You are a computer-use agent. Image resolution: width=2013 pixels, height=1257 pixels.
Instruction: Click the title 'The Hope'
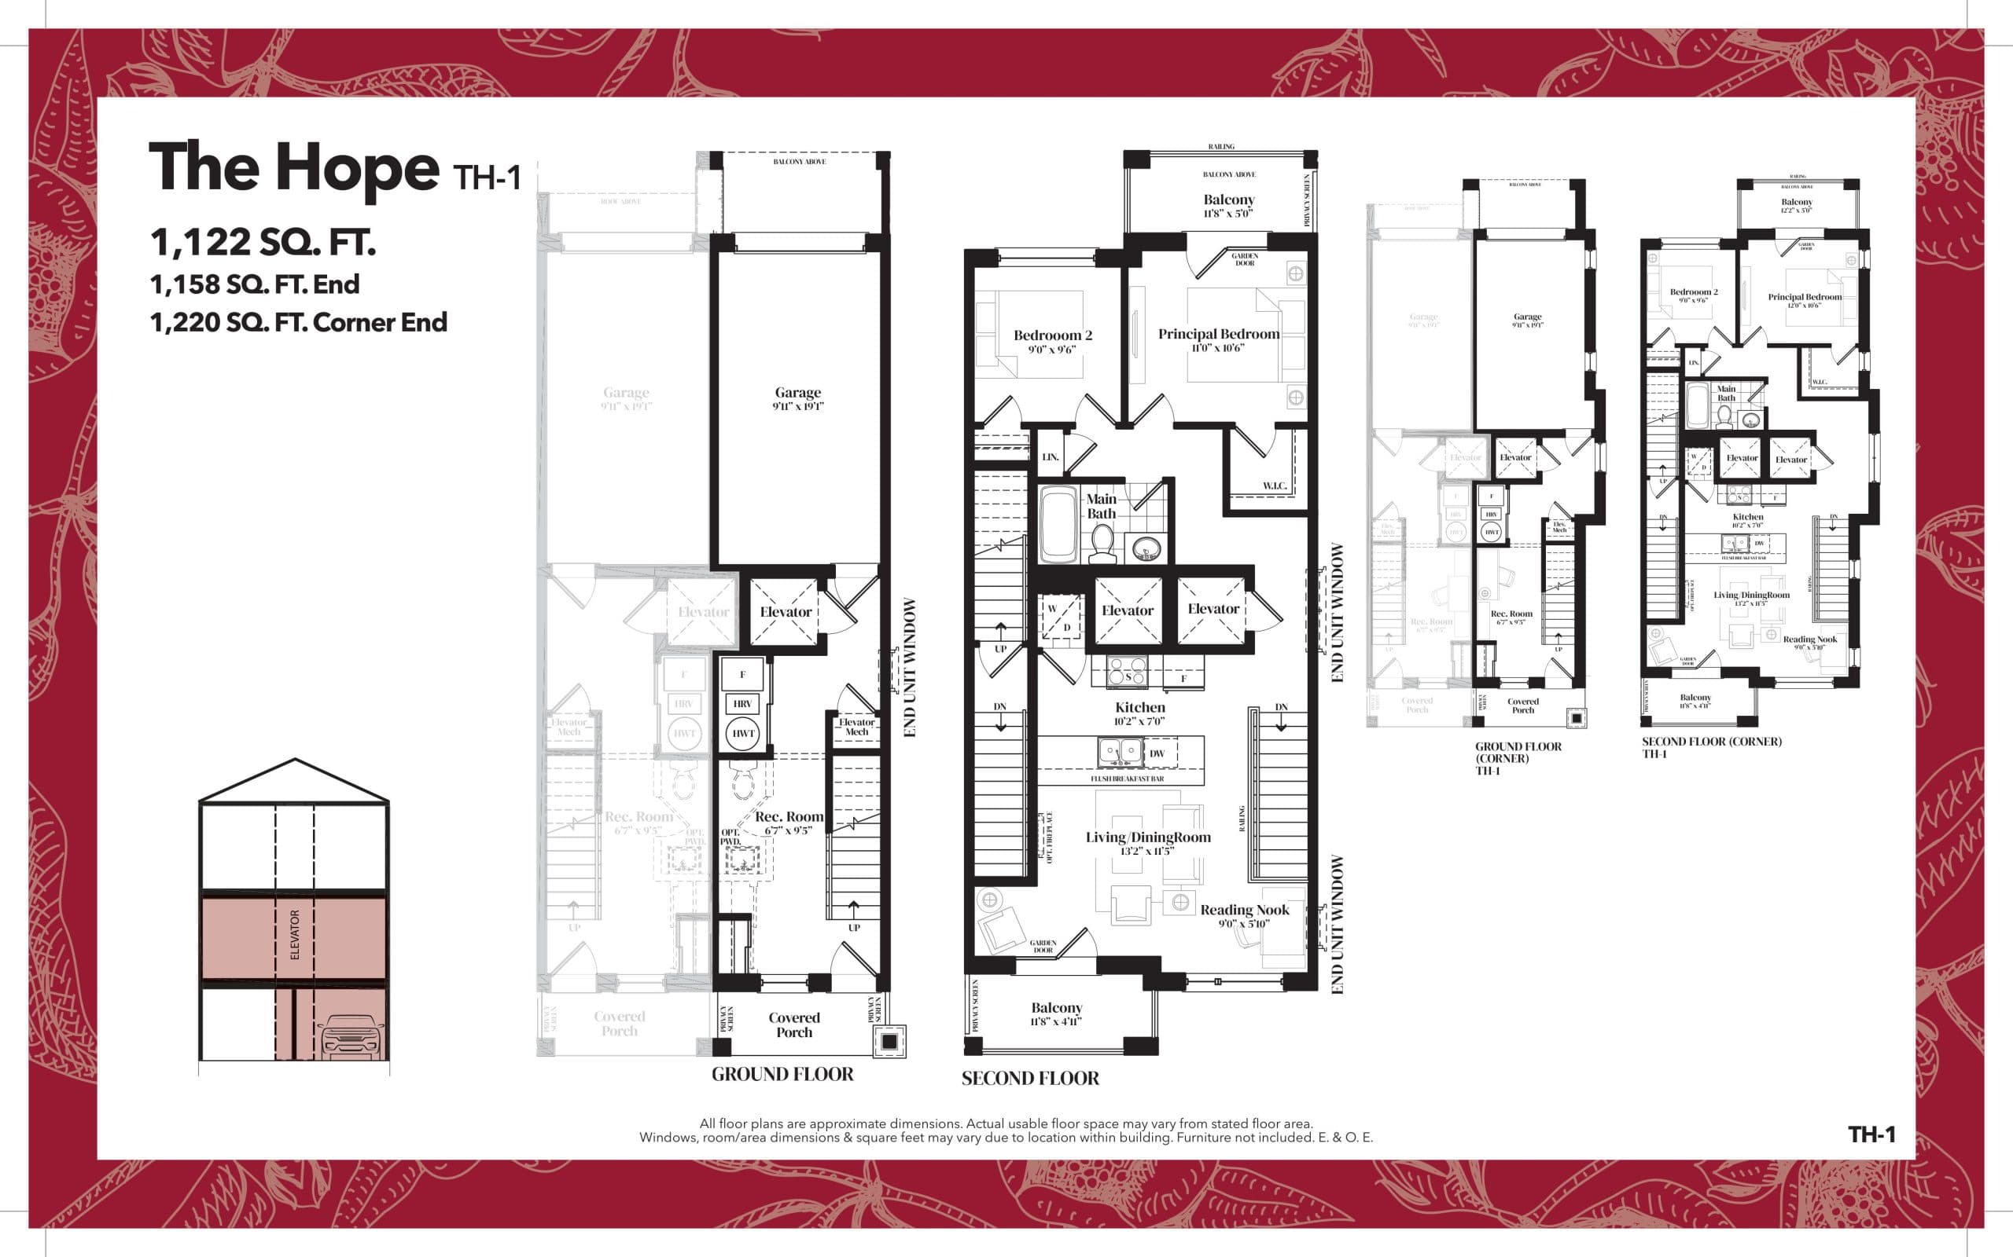click(x=293, y=168)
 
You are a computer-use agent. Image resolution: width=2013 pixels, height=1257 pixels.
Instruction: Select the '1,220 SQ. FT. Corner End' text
click(x=298, y=323)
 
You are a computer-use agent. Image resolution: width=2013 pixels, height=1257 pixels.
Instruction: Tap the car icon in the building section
click(x=351, y=1038)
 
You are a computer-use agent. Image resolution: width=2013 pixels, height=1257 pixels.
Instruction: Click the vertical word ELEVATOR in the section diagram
click(x=294, y=934)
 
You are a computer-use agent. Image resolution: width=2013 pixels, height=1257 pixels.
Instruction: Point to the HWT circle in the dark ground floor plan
click(x=743, y=733)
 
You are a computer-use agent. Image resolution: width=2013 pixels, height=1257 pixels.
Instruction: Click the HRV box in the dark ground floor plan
click(x=743, y=703)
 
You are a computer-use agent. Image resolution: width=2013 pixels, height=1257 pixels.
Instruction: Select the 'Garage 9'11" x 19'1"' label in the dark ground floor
click(x=797, y=398)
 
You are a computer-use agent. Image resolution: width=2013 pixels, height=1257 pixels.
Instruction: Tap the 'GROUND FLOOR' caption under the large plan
click(x=782, y=1074)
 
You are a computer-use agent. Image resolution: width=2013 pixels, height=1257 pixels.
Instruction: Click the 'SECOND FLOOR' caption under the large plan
click(x=1030, y=1078)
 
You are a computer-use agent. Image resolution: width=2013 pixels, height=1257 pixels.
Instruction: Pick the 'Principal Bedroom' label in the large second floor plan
click(x=1219, y=334)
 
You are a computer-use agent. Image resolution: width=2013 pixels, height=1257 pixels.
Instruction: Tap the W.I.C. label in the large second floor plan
click(x=1275, y=486)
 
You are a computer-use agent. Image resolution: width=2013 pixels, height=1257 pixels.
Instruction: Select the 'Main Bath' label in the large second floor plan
click(x=1102, y=505)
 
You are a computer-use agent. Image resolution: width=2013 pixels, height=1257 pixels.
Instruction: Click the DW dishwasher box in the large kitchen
click(x=1157, y=753)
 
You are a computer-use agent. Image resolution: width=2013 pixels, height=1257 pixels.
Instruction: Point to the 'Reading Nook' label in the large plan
click(x=1245, y=911)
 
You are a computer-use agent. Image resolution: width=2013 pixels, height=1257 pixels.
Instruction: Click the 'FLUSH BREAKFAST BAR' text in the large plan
click(x=1127, y=779)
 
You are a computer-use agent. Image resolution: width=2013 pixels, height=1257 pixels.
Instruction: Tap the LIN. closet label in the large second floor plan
click(x=1051, y=457)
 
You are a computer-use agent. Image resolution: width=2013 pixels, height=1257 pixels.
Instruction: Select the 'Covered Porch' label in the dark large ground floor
click(x=793, y=1024)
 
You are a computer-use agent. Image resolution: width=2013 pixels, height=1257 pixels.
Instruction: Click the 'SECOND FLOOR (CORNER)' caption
click(x=1711, y=742)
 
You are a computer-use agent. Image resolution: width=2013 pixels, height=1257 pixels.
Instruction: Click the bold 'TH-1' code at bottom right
click(x=1871, y=1134)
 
